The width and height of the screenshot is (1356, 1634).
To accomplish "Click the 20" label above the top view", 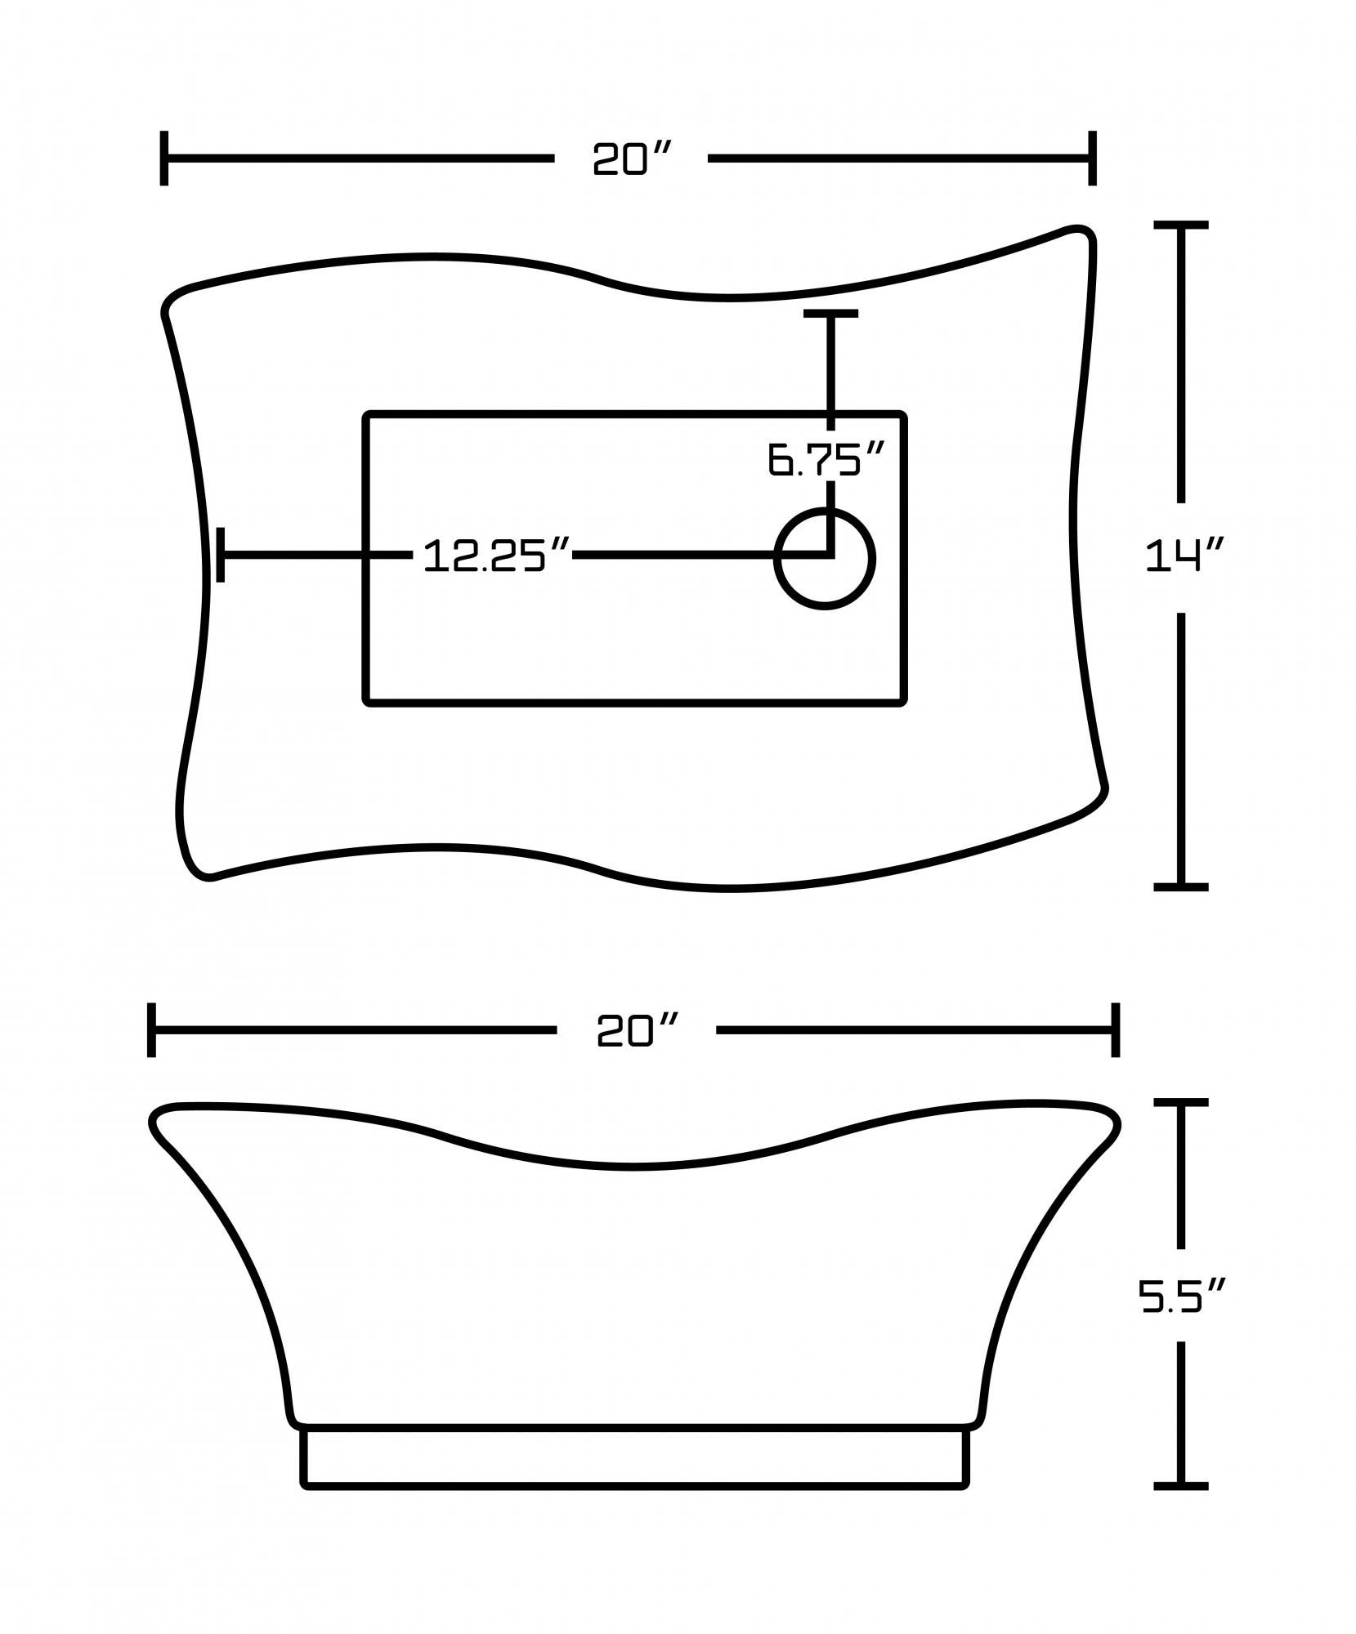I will [632, 158].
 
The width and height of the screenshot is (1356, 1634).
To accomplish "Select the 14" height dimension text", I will [1183, 557].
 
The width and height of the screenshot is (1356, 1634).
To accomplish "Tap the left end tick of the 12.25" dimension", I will [221, 555].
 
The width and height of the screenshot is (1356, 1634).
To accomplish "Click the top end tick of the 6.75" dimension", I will [830, 314].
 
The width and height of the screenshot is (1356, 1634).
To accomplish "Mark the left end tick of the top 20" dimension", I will [164, 158].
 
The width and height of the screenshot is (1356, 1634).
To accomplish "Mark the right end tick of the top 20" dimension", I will [1091, 158].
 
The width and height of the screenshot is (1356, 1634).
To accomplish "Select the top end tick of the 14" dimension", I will [1180, 225].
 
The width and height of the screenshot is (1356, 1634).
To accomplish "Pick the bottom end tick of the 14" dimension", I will [1180, 886].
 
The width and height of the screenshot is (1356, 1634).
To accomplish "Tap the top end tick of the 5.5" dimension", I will [1180, 1103].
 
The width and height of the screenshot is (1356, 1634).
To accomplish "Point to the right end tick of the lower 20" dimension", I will [1115, 1030].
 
